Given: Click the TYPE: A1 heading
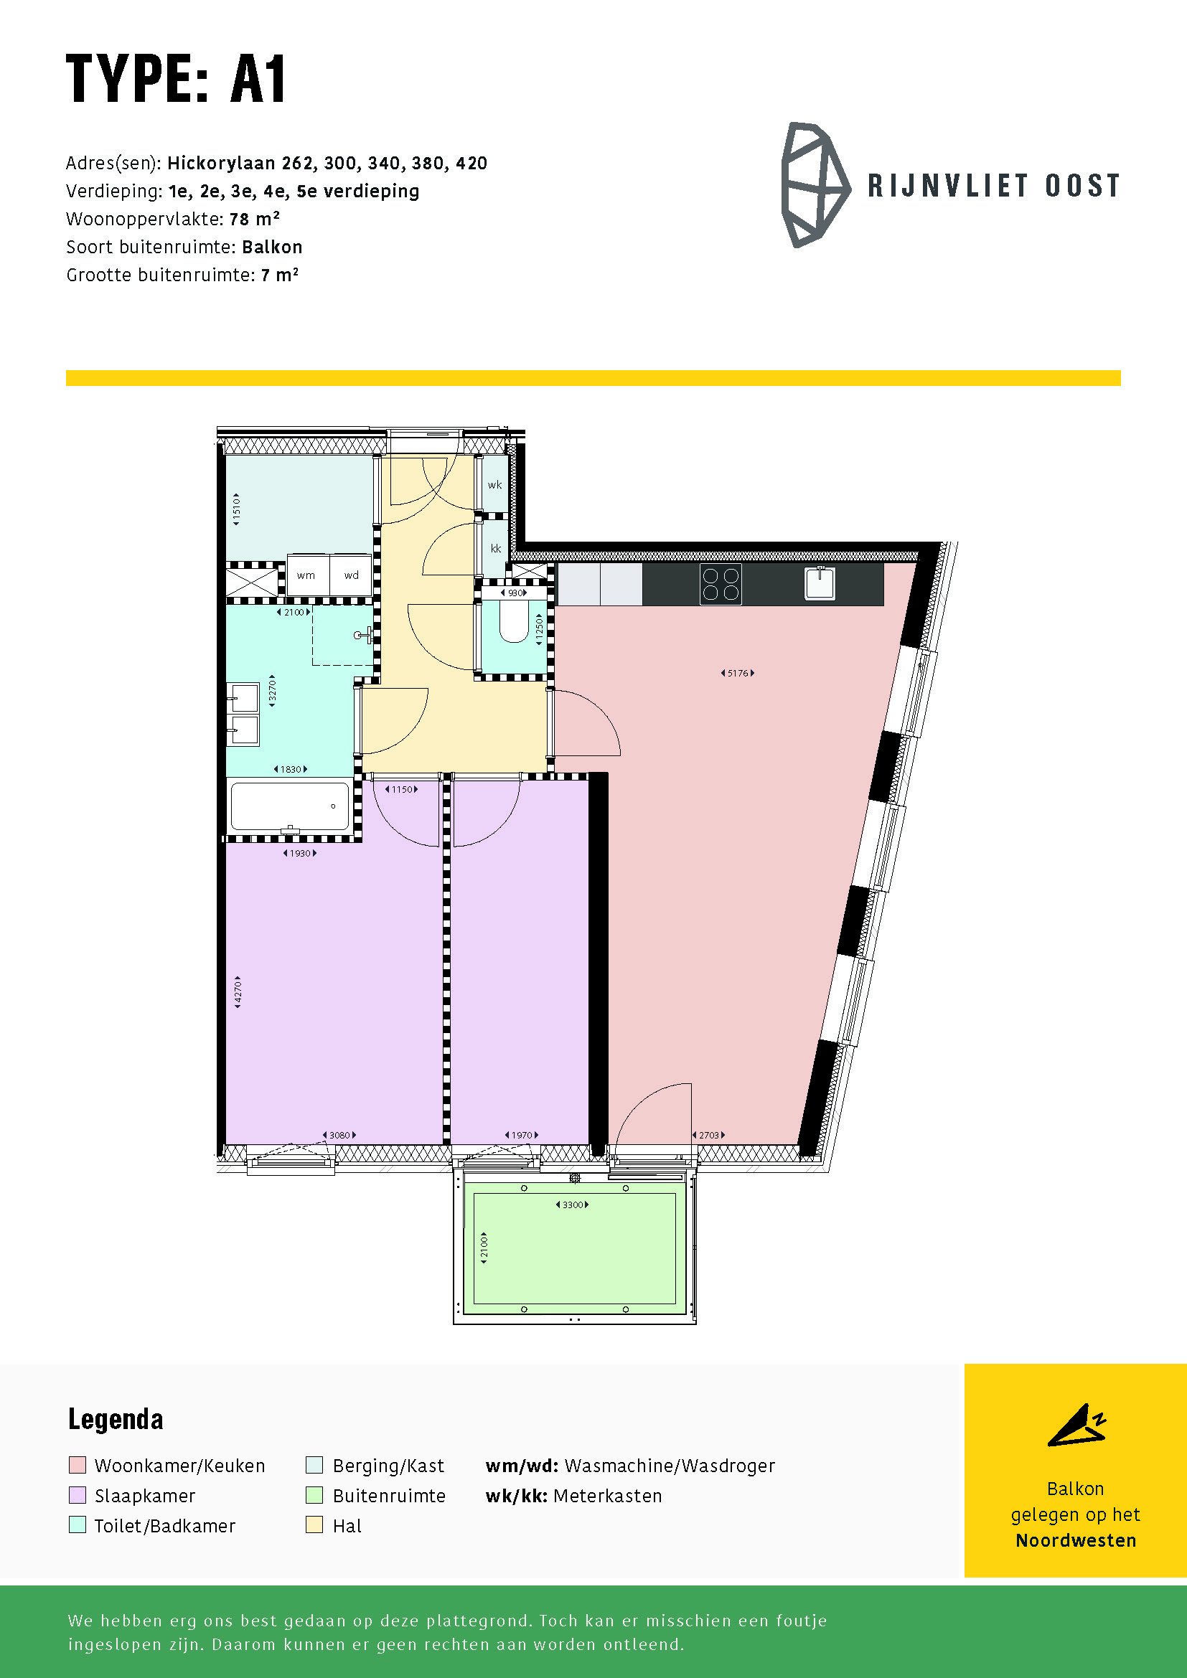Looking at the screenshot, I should (176, 80).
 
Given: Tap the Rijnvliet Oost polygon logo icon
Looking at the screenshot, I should (815, 185).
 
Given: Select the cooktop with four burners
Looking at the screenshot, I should (721, 584).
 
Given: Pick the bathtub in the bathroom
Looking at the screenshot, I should (290, 807).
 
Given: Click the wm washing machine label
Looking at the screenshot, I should (306, 575).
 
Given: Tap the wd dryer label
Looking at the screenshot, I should (352, 575).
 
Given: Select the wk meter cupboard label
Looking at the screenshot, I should (495, 484).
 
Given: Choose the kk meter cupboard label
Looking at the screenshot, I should (496, 549).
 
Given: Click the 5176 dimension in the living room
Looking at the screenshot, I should (738, 673).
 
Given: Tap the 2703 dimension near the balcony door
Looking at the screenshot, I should (708, 1135).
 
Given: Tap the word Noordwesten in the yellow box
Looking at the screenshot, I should (1076, 1540).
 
